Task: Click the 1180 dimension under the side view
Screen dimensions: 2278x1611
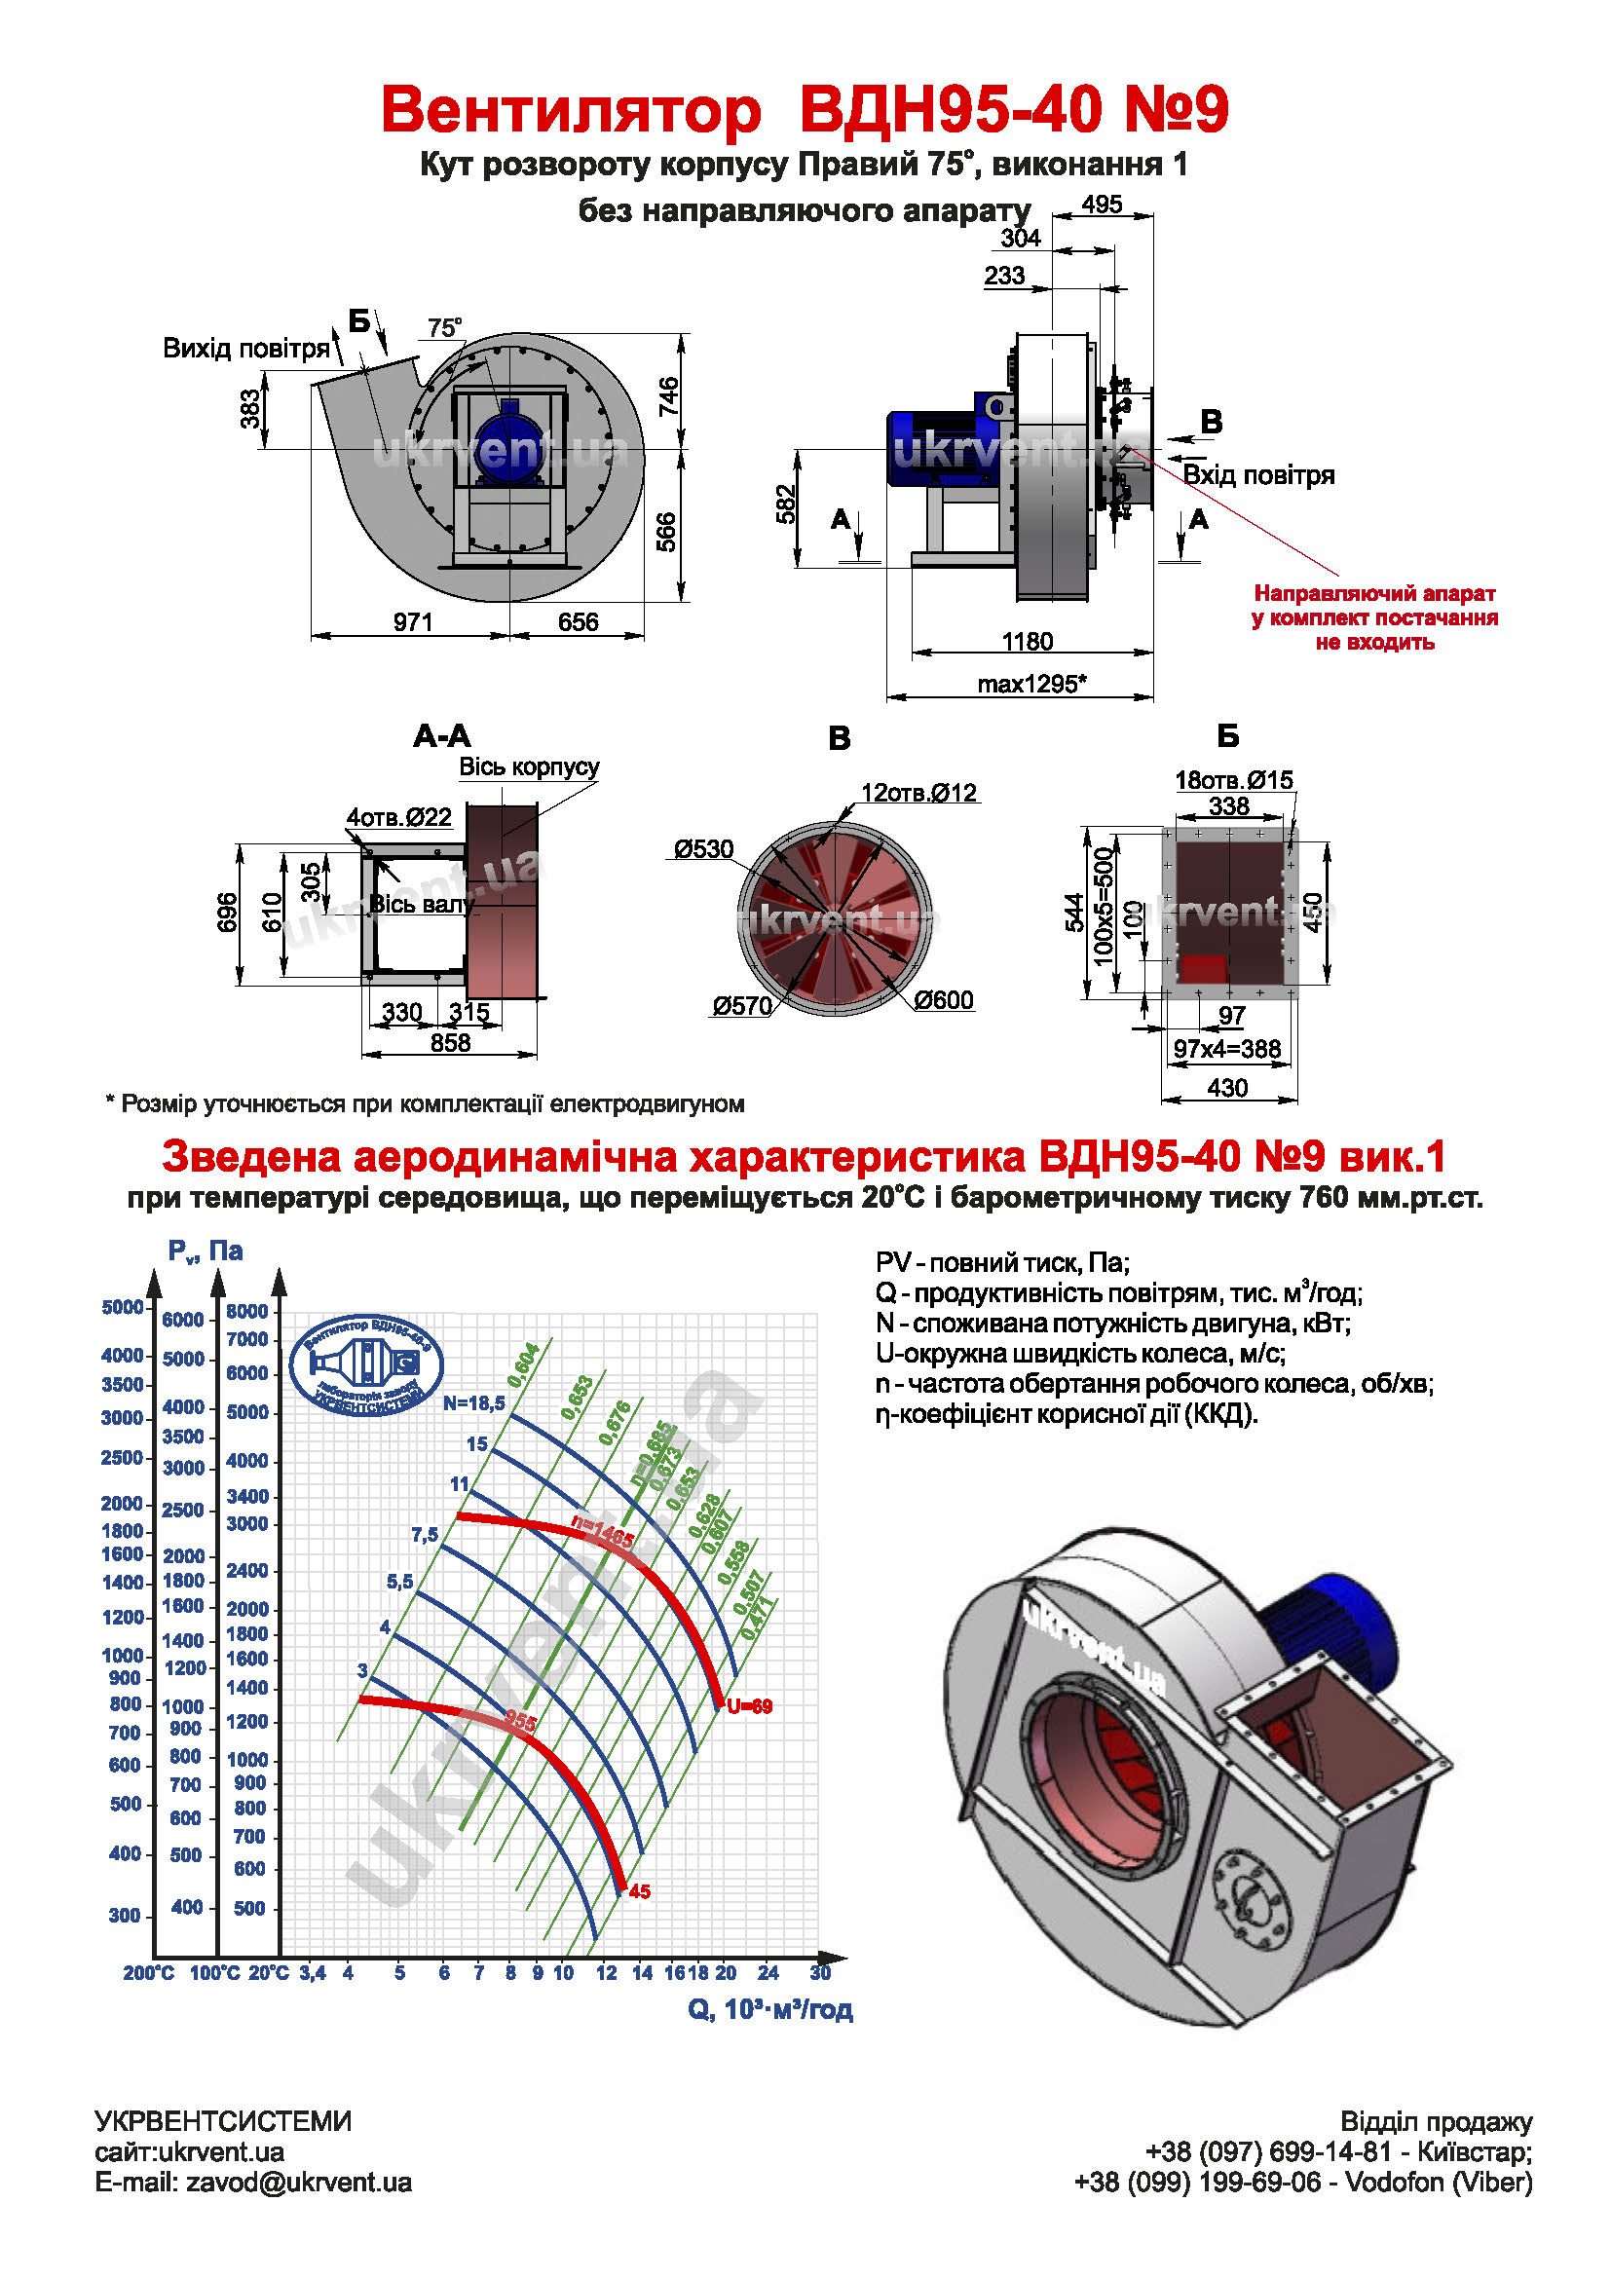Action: (x=1027, y=641)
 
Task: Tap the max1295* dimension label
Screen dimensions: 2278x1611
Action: (x=1031, y=684)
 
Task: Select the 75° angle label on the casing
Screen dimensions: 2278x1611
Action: (x=444, y=327)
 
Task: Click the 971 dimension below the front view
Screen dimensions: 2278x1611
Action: (x=413, y=622)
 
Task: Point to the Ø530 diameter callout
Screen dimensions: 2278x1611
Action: (x=703, y=849)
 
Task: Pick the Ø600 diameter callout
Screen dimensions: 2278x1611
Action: (x=944, y=1000)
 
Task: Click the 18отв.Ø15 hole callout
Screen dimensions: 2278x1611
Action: (x=1233, y=780)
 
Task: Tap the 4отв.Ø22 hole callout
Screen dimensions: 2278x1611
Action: (x=398, y=817)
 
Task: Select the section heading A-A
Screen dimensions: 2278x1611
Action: (x=441, y=736)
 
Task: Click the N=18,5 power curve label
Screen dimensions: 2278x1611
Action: (x=474, y=1402)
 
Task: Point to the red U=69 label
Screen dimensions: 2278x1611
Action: (x=749, y=1706)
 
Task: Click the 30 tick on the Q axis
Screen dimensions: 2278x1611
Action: (x=819, y=1972)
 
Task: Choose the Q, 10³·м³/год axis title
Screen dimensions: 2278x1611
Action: (x=769, y=2009)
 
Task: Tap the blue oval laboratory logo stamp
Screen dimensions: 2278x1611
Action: (x=366, y=1365)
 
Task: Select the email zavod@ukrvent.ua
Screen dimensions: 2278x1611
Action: (x=253, y=2183)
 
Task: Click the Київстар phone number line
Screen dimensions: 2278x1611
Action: (x=1338, y=2152)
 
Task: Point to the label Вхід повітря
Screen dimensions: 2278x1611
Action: (x=1257, y=475)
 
